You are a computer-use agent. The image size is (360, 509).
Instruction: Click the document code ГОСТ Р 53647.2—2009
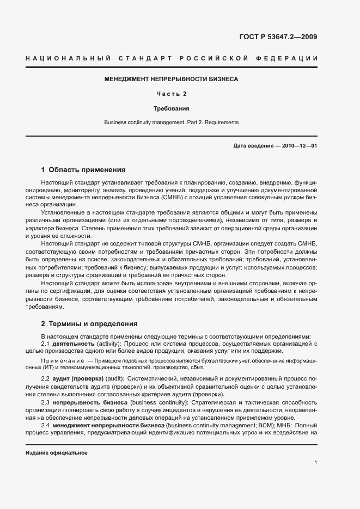pyautogui.click(x=278, y=38)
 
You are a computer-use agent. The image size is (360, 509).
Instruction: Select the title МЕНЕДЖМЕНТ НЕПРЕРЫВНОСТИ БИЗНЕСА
pyautogui.click(x=172, y=79)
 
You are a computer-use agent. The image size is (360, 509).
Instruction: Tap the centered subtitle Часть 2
pyautogui.click(x=172, y=94)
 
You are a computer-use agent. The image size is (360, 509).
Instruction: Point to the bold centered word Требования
pyautogui.click(x=172, y=108)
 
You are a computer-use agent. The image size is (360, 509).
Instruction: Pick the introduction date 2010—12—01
pyautogui.click(x=300, y=146)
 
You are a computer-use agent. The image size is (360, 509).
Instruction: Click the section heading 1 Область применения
pyautogui.click(x=83, y=169)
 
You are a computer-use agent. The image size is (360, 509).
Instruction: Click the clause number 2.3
pyautogui.click(x=46, y=402)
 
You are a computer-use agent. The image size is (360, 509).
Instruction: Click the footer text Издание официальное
pyautogui.click(x=57, y=453)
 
